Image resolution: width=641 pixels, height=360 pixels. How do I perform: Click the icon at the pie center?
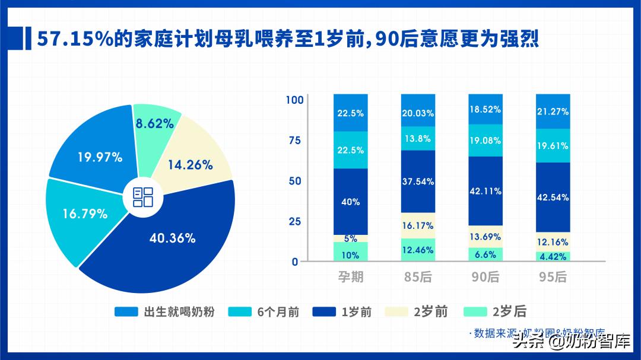pyautogui.click(x=142, y=197)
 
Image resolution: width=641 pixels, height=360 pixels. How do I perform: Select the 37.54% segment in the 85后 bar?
pyautogui.click(x=418, y=181)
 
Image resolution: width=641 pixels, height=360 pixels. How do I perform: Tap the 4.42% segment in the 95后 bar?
pyautogui.click(x=553, y=257)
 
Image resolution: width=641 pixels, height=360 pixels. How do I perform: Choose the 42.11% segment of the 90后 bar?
pyautogui.click(x=485, y=191)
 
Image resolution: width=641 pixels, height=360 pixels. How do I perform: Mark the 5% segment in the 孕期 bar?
pyautogui.click(x=350, y=238)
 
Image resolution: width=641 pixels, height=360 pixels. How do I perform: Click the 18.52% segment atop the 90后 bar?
pyautogui.click(x=485, y=110)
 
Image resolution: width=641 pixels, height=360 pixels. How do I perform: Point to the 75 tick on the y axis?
pyautogui.click(x=295, y=140)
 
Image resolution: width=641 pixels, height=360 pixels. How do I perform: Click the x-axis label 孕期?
pyautogui.click(x=350, y=277)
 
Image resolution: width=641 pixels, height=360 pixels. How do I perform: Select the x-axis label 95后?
pyautogui.click(x=553, y=277)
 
